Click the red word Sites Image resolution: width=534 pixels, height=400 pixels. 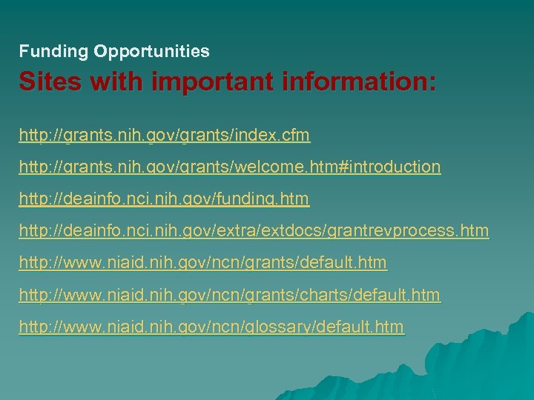tap(45, 81)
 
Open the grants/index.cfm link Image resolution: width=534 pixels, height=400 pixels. tap(164, 136)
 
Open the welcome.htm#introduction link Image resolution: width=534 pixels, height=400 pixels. tap(229, 167)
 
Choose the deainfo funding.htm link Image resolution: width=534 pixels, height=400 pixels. tap(164, 199)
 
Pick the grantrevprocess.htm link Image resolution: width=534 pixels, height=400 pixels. tap(254, 231)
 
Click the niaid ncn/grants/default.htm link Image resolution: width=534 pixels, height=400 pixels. tap(202, 263)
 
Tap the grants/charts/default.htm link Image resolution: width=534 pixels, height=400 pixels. tap(229, 295)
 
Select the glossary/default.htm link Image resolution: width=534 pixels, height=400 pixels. tap(211, 327)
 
